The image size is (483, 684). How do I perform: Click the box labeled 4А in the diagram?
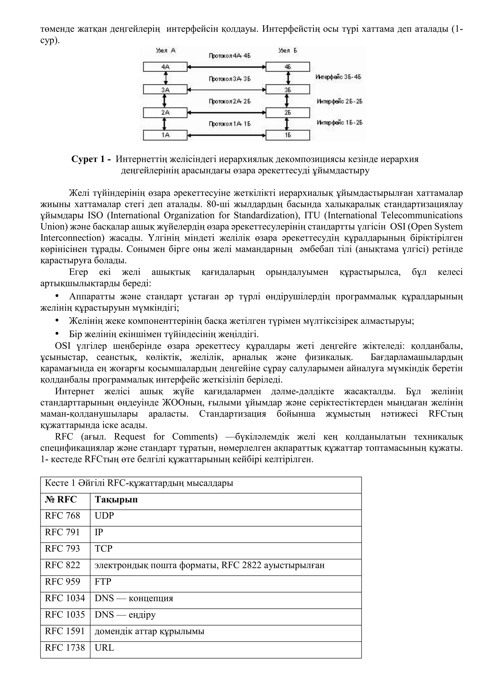[165, 67]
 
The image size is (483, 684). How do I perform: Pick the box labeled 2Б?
[287, 113]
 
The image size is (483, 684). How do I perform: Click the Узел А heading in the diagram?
[166, 50]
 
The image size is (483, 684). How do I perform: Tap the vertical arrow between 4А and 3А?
[165, 78]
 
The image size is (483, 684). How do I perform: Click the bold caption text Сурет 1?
[91, 159]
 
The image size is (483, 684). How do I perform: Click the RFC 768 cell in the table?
[62, 516]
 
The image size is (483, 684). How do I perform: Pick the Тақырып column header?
[116, 499]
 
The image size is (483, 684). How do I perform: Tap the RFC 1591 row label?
[65, 631]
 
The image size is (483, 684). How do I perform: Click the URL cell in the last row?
[104, 647]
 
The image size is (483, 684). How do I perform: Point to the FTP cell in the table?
[103, 581]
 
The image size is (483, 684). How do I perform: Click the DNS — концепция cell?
[134, 598]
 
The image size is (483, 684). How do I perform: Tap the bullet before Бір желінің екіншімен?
[57, 333]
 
